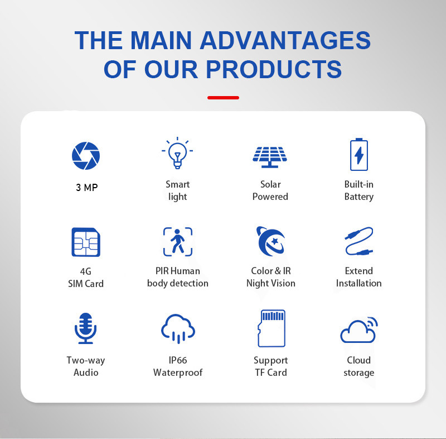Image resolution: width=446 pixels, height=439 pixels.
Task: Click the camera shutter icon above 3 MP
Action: pos(86,155)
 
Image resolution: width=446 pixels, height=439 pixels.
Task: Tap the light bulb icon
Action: pos(177,153)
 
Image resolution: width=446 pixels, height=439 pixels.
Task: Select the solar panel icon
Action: pos(270,157)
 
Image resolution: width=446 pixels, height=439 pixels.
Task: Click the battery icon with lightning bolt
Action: pos(358,154)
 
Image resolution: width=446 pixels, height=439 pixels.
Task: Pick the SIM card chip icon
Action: pos(86,242)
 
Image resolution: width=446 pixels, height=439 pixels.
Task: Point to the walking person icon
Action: pos(178,242)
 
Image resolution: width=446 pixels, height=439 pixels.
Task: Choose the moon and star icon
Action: pos(270,241)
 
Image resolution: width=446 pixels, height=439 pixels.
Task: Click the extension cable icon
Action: pos(359,241)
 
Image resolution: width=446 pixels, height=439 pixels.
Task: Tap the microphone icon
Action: pos(86,328)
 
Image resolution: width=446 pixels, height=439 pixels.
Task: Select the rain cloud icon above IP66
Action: pos(178,328)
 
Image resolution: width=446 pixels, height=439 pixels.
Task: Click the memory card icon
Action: pos(272,328)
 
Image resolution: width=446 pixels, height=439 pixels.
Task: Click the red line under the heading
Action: pos(224,98)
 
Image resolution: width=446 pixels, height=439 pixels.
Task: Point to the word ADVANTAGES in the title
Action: pos(285,40)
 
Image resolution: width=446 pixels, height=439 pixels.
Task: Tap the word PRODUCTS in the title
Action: pos(274,69)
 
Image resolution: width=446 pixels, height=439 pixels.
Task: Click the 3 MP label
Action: pos(87,188)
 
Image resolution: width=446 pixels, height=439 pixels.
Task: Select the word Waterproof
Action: pos(178,373)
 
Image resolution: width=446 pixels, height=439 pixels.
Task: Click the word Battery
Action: pos(359,197)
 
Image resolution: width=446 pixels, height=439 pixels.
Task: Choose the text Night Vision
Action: pos(271,283)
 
